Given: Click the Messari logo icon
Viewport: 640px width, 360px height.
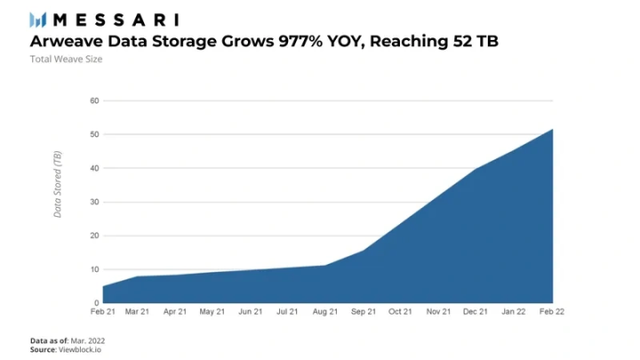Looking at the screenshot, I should tap(38, 20).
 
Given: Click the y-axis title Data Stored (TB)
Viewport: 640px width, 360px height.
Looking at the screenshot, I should tap(58, 184).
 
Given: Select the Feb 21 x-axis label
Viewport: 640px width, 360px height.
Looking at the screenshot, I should tap(102, 312).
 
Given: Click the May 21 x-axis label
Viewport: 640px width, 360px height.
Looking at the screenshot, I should tap(213, 312).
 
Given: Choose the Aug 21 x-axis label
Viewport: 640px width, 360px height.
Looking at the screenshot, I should tap(326, 312).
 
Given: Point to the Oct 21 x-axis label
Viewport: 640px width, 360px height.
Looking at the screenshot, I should tap(401, 312).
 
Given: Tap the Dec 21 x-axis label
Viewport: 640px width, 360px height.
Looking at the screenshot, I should tap(476, 312).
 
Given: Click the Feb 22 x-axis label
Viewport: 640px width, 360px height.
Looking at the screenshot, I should tap(552, 312).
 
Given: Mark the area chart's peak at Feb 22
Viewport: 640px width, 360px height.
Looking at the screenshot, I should tap(553, 130).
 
